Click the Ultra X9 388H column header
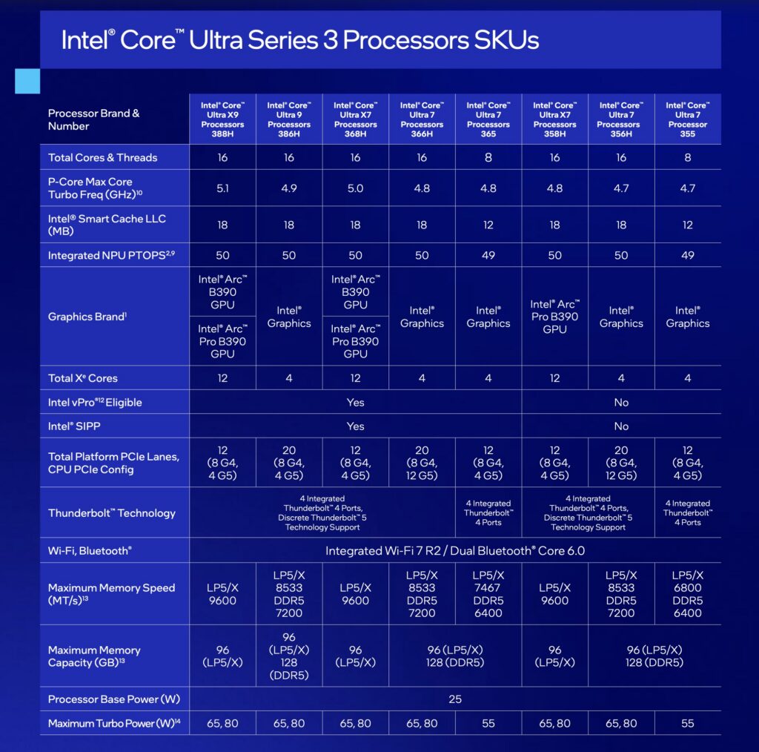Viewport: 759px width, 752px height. pyautogui.click(x=222, y=119)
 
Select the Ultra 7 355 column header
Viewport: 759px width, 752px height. pyautogui.click(x=688, y=119)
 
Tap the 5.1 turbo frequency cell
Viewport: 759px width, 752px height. pyautogui.click(x=222, y=188)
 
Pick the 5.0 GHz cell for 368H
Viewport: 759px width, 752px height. pyautogui.click(x=356, y=188)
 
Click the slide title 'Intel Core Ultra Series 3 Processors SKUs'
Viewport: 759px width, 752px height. pyautogui.click(x=299, y=39)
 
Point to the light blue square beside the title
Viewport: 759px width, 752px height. pyautogui.click(x=27, y=81)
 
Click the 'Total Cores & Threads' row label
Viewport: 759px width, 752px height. pyautogui.click(x=102, y=157)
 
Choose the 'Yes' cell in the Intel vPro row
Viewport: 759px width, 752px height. pyautogui.click(x=356, y=402)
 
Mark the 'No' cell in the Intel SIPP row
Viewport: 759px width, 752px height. pyautogui.click(x=621, y=426)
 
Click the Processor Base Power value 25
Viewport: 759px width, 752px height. pyautogui.click(x=454, y=699)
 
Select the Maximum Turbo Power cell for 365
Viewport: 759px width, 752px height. pyautogui.click(x=488, y=723)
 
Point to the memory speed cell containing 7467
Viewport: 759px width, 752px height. pyautogui.click(x=488, y=593)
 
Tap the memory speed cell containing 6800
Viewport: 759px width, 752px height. pyautogui.click(x=688, y=593)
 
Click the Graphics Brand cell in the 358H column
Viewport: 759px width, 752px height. pyautogui.click(x=554, y=317)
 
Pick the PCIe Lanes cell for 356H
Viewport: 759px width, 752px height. pyautogui.click(x=621, y=463)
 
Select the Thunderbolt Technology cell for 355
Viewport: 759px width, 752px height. pyautogui.click(x=688, y=512)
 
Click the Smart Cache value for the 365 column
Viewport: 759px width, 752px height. pyautogui.click(x=488, y=225)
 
